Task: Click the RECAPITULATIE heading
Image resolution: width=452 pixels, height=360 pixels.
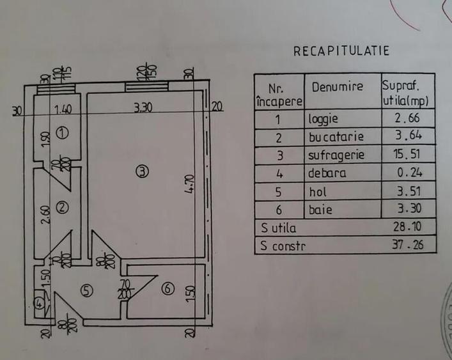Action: (x=341, y=52)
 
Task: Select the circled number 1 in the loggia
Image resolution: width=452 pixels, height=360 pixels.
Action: (x=61, y=133)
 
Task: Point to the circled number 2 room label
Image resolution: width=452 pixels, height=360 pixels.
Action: (x=62, y=207)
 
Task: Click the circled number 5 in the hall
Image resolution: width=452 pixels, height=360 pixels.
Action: (x=88, y=290)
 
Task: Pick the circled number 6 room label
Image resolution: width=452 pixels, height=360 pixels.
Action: (x=168, y=289)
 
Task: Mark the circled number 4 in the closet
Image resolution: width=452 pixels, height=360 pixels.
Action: (x=40, y=304)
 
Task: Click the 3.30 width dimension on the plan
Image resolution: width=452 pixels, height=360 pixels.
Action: (x=143, y=109)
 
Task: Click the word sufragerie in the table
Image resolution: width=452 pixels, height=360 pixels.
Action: (x=336, y=154)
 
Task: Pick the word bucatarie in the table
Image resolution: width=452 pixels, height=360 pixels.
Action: (x=336, y=136)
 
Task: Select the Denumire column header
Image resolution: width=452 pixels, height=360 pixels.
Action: (x=337, y=87)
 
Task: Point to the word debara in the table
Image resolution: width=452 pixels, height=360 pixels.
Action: (x=327, y=173)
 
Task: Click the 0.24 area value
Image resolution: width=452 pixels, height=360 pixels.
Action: (x=409, y=172)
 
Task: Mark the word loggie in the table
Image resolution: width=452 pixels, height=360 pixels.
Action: (x=324, y=119)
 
